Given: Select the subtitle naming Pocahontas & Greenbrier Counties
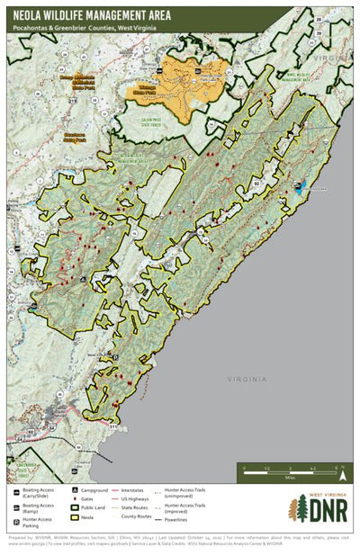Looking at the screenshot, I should coord(77,29).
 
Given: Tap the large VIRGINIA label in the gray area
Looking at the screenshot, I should coord(247,380).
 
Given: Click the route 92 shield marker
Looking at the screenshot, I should coord(257,183).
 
